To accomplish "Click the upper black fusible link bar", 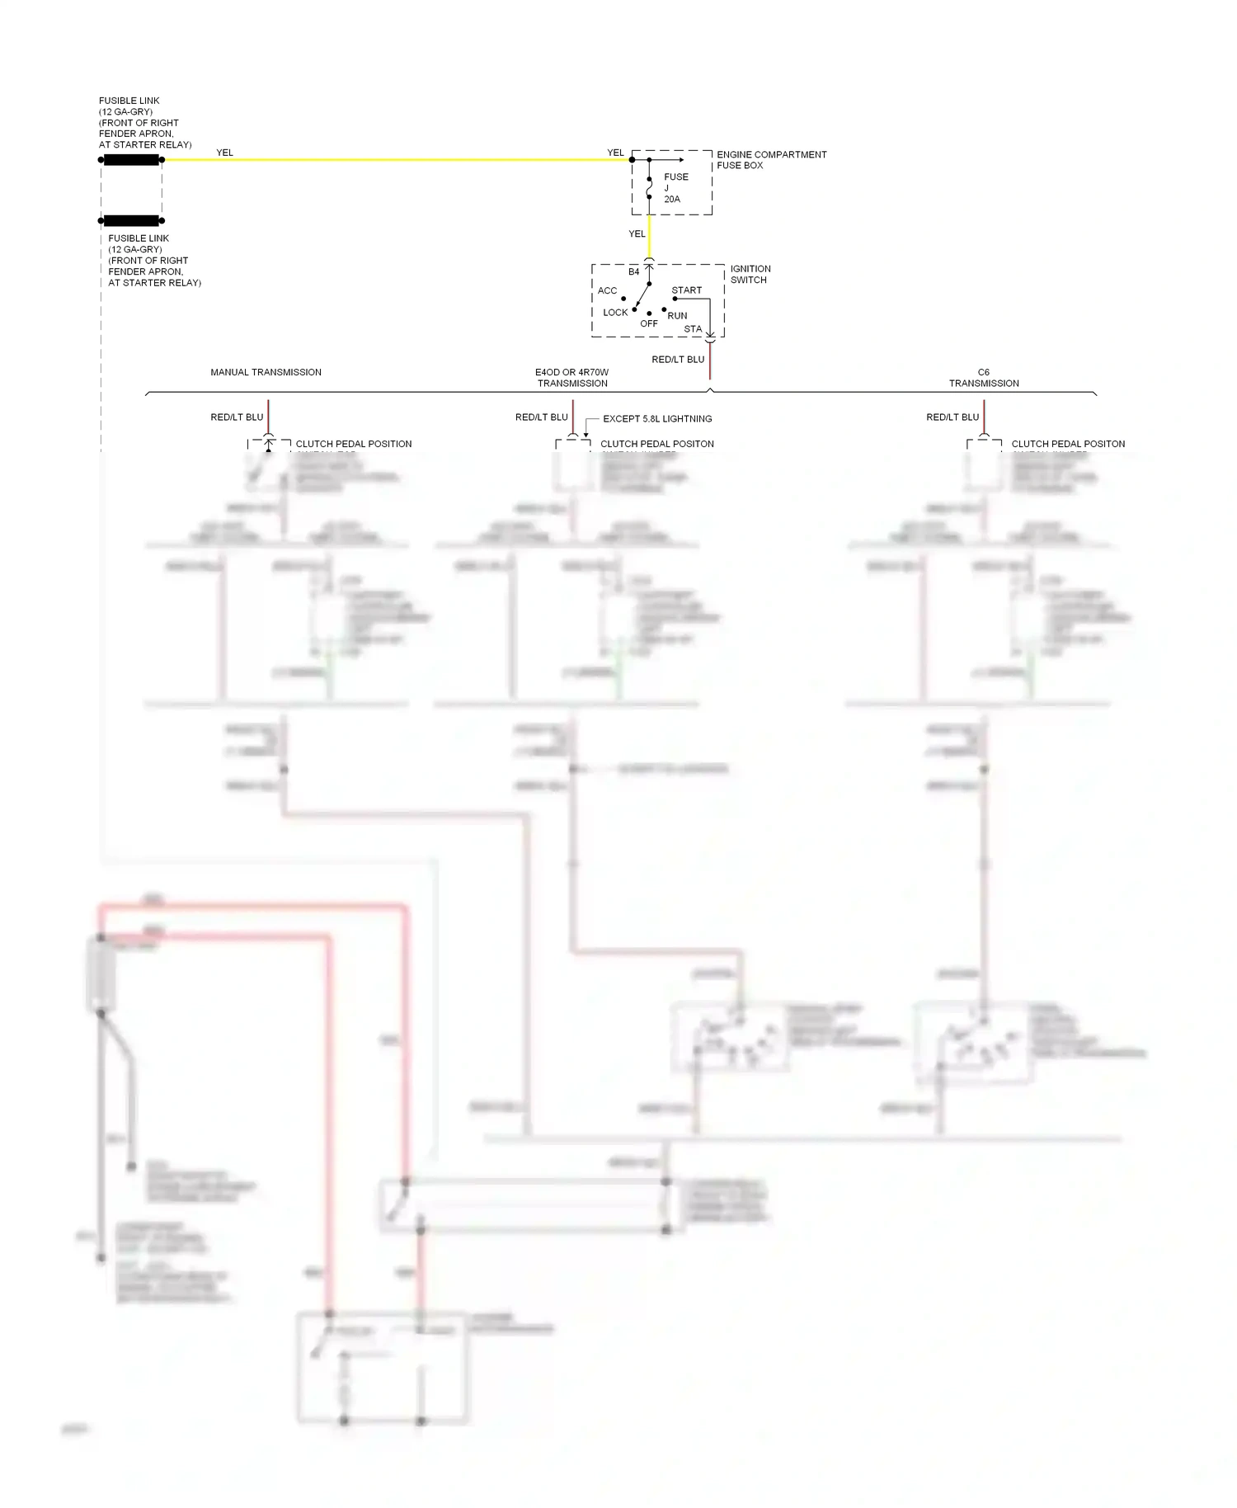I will pyautogui.click(x=131, y=160).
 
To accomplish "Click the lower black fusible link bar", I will pyautogui.click(x=131, y=221).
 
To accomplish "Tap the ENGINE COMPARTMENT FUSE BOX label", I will pyautogui.click(x=771, y=160).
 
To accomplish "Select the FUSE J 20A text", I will pyautogui.click(x=675, y=188).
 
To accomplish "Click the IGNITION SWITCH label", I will pyautogui.click(x=750, y=275).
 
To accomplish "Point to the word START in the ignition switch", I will pyautogui.click(x=686, y=290).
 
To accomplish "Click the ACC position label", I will pyautogui.click(x=607, y=291).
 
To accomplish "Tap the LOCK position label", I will pyautogui.click(x=615, y=313).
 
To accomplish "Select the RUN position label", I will pyautogui.click(x=677, y=316).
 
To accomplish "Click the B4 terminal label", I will pyautogui.click(x=633, y=272).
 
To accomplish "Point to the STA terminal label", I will pyautogui.click(x=693, y=329).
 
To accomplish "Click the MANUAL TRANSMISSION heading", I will pyautogui.click(x=266, y=373).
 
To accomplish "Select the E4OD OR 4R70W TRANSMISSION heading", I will pyautogui.click(x=572, y=378).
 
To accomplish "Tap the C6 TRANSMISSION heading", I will pyautogui.click(x=984, y=378).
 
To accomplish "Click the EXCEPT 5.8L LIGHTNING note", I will pyautogui.click(x=657, y=419).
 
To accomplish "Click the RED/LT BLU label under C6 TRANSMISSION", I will pyautogui.click(x=952, y=417).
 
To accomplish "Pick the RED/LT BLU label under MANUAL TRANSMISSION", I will pyautogui.click(x=237, y=417).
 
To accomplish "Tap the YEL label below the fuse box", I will pyautogui.click(x=637, y=234).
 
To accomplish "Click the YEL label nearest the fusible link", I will pyautogui.click(x=224, y=153).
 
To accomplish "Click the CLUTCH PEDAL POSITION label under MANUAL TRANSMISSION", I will pyautogui.click(x=354, y=444).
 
